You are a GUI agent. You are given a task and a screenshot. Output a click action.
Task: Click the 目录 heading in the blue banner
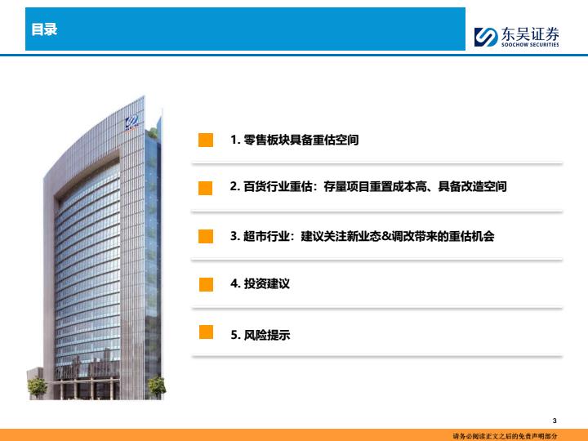click(44, 29)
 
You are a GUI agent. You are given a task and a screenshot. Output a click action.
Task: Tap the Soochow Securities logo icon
click(486, 37)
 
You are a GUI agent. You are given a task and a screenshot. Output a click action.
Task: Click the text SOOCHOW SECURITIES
click(530, 45)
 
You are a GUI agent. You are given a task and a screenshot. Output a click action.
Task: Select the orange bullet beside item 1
click(206, 140)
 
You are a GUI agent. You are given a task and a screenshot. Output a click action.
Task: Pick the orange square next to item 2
click(206, 188)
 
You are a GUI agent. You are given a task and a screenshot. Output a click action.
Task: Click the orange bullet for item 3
click(206, 236)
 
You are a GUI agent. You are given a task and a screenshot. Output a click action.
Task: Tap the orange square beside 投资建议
click(206, 284)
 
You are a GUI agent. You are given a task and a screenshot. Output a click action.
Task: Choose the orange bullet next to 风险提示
click(206, 332)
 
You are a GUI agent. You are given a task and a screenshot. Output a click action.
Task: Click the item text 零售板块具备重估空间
click(301, 140)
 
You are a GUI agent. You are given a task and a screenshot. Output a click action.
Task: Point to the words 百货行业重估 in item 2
click(278, 186)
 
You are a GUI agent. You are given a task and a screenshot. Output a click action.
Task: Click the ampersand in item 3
click(386, 236)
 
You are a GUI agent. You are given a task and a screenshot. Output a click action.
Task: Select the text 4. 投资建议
click(261, 283)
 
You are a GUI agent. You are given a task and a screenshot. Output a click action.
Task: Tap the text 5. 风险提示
click(261, 335)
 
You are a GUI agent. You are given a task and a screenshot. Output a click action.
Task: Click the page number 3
click(555, 421)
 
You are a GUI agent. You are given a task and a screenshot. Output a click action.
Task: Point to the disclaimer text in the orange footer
click(505, 436)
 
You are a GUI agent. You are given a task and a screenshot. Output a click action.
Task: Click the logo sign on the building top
click(132, 122)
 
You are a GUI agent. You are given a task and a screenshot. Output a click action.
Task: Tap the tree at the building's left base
click(38, 387)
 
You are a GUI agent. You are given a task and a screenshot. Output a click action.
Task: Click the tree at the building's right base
click(157, 387)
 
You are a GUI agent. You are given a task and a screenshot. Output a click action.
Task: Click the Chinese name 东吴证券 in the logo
click(530, 34)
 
